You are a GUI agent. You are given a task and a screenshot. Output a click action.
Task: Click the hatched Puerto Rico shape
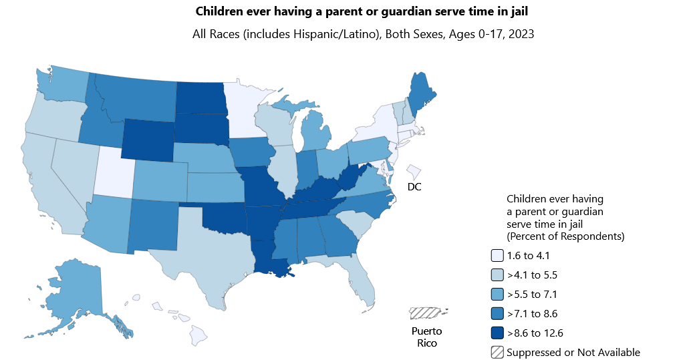427,313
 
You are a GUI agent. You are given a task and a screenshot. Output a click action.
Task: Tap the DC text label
414,187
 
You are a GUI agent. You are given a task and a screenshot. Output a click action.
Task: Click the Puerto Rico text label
426,337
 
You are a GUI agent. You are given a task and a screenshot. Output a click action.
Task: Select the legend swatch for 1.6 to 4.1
497,255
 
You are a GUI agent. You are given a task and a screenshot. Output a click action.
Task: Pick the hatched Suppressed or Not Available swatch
497,352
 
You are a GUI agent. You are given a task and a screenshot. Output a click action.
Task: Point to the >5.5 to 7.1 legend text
532,294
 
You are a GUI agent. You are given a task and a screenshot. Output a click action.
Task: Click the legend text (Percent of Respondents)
565,236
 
